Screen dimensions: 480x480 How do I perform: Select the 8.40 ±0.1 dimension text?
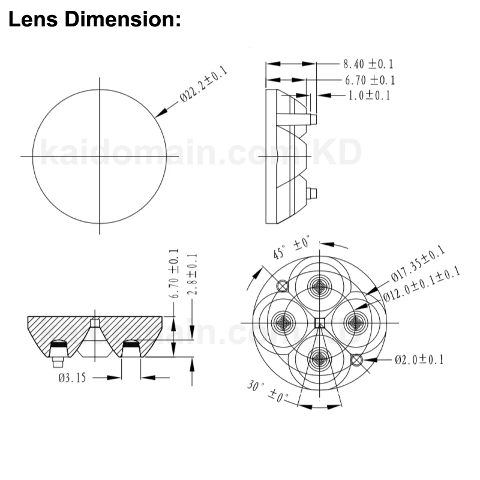coord(368,64)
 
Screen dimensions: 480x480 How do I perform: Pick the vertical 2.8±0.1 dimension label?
coord(193,274)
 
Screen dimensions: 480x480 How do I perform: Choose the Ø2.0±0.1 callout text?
coord(419,360)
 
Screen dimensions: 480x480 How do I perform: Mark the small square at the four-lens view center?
coord(319,323)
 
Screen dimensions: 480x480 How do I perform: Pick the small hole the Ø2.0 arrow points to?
coord(356,360)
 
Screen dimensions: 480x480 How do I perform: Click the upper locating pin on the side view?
coord(312,119)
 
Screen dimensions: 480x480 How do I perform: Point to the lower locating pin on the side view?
coord(312,193)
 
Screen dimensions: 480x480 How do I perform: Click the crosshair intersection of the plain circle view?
coord(99,156)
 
